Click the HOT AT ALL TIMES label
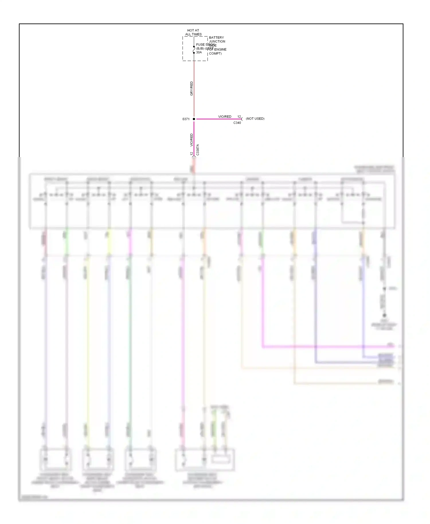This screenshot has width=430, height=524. [193, 32]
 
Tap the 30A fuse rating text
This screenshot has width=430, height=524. [199, 52]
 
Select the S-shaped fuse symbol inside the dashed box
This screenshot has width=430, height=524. [194, 50]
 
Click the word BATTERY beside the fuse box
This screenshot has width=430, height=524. [216, 38]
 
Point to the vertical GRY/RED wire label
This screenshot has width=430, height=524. [191, 88]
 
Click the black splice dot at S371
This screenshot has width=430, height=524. [194, 119]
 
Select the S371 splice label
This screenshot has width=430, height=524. [186, 119]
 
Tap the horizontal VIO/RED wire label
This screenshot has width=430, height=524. [224, 117]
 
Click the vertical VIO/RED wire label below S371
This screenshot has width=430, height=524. [191, 140]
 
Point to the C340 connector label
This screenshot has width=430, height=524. [237, 123]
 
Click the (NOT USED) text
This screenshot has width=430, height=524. [255, 119]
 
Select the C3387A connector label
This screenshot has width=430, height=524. [198, 150]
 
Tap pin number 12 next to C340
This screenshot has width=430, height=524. [239, 117]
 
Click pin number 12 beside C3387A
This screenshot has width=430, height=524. [191, 154]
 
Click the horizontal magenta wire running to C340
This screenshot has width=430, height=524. [218, 119]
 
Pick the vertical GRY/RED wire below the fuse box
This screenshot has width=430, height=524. [194, 86]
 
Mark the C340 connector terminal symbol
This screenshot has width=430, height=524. [242, 119]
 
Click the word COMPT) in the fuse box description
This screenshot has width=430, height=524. [215, 54]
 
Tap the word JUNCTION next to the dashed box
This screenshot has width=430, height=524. [217, 42]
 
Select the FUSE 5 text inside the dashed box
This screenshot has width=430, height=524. [202, 45]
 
